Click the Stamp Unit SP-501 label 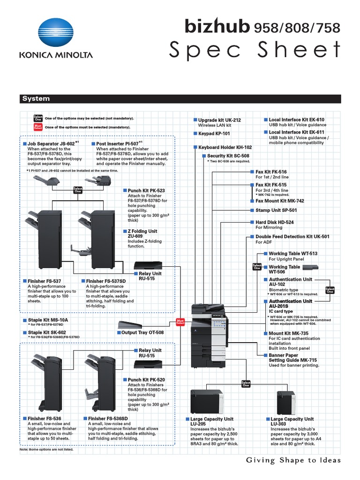click(276, 210)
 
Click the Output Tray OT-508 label click(142, 332)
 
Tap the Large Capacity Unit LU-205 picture click(207, 401)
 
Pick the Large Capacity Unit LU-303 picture click(285, 401)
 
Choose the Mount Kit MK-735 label click(286, 334)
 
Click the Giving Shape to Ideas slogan click(293, 460)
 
